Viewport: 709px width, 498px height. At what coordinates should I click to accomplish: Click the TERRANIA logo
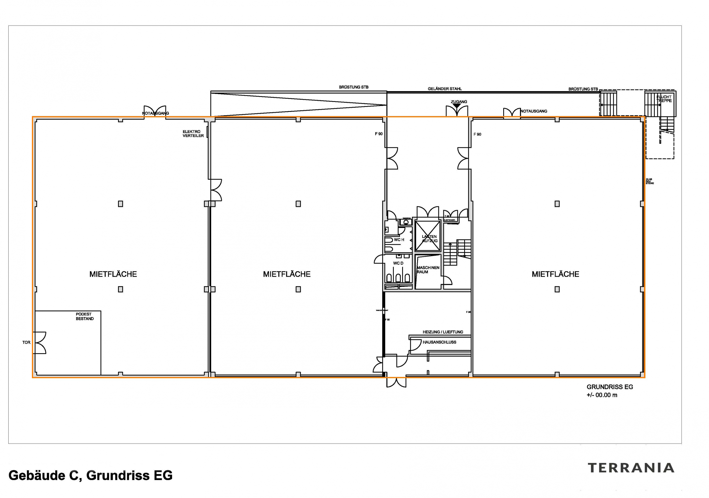pyautogui.click(x=631, y=468)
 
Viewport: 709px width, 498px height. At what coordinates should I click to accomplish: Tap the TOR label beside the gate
pyautogui.click(x=26, y=342)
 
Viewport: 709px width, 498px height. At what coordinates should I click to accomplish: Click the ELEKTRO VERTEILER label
pyautogui.click(x=193, y=134)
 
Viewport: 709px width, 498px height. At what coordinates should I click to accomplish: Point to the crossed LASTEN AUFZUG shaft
pyautogui.click(x=428, y=236)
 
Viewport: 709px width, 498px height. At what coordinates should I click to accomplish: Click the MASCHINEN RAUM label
pyautogui.click(x=428, y=270)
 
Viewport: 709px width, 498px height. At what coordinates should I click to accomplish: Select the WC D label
pyautogui.click(x=398, y=263)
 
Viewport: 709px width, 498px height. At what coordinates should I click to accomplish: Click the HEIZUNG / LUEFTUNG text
pyautogui.click(x=443, y=332)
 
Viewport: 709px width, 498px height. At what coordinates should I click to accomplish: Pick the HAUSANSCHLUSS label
pyautogui.click(x=439, y=342)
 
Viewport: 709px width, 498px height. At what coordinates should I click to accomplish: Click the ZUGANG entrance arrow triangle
pyautogui.click(x=457, y=106)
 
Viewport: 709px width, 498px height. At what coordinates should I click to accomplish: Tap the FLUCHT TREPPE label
pyautogui.click(x=664, y=99)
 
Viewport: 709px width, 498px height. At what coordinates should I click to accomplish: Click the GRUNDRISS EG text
pyautogui.click(x=610, y=387)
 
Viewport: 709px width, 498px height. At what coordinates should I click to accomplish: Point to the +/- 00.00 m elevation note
pyautogui.click(x=602, y=395)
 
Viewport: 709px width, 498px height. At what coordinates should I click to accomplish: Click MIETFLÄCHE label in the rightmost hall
pyautogui.click(x=555, y=274)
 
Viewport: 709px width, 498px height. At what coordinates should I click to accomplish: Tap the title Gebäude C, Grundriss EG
pyautogui.click(x=91, y=476)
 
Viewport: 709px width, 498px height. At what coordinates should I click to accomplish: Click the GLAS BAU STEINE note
pyautogui.click(x=650, y=181)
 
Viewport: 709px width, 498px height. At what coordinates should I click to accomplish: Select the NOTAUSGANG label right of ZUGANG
pyautogui.click(x=534, y=111)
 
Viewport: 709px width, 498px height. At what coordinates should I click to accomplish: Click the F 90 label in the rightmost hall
pyautogui.click(x=477, y=134)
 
